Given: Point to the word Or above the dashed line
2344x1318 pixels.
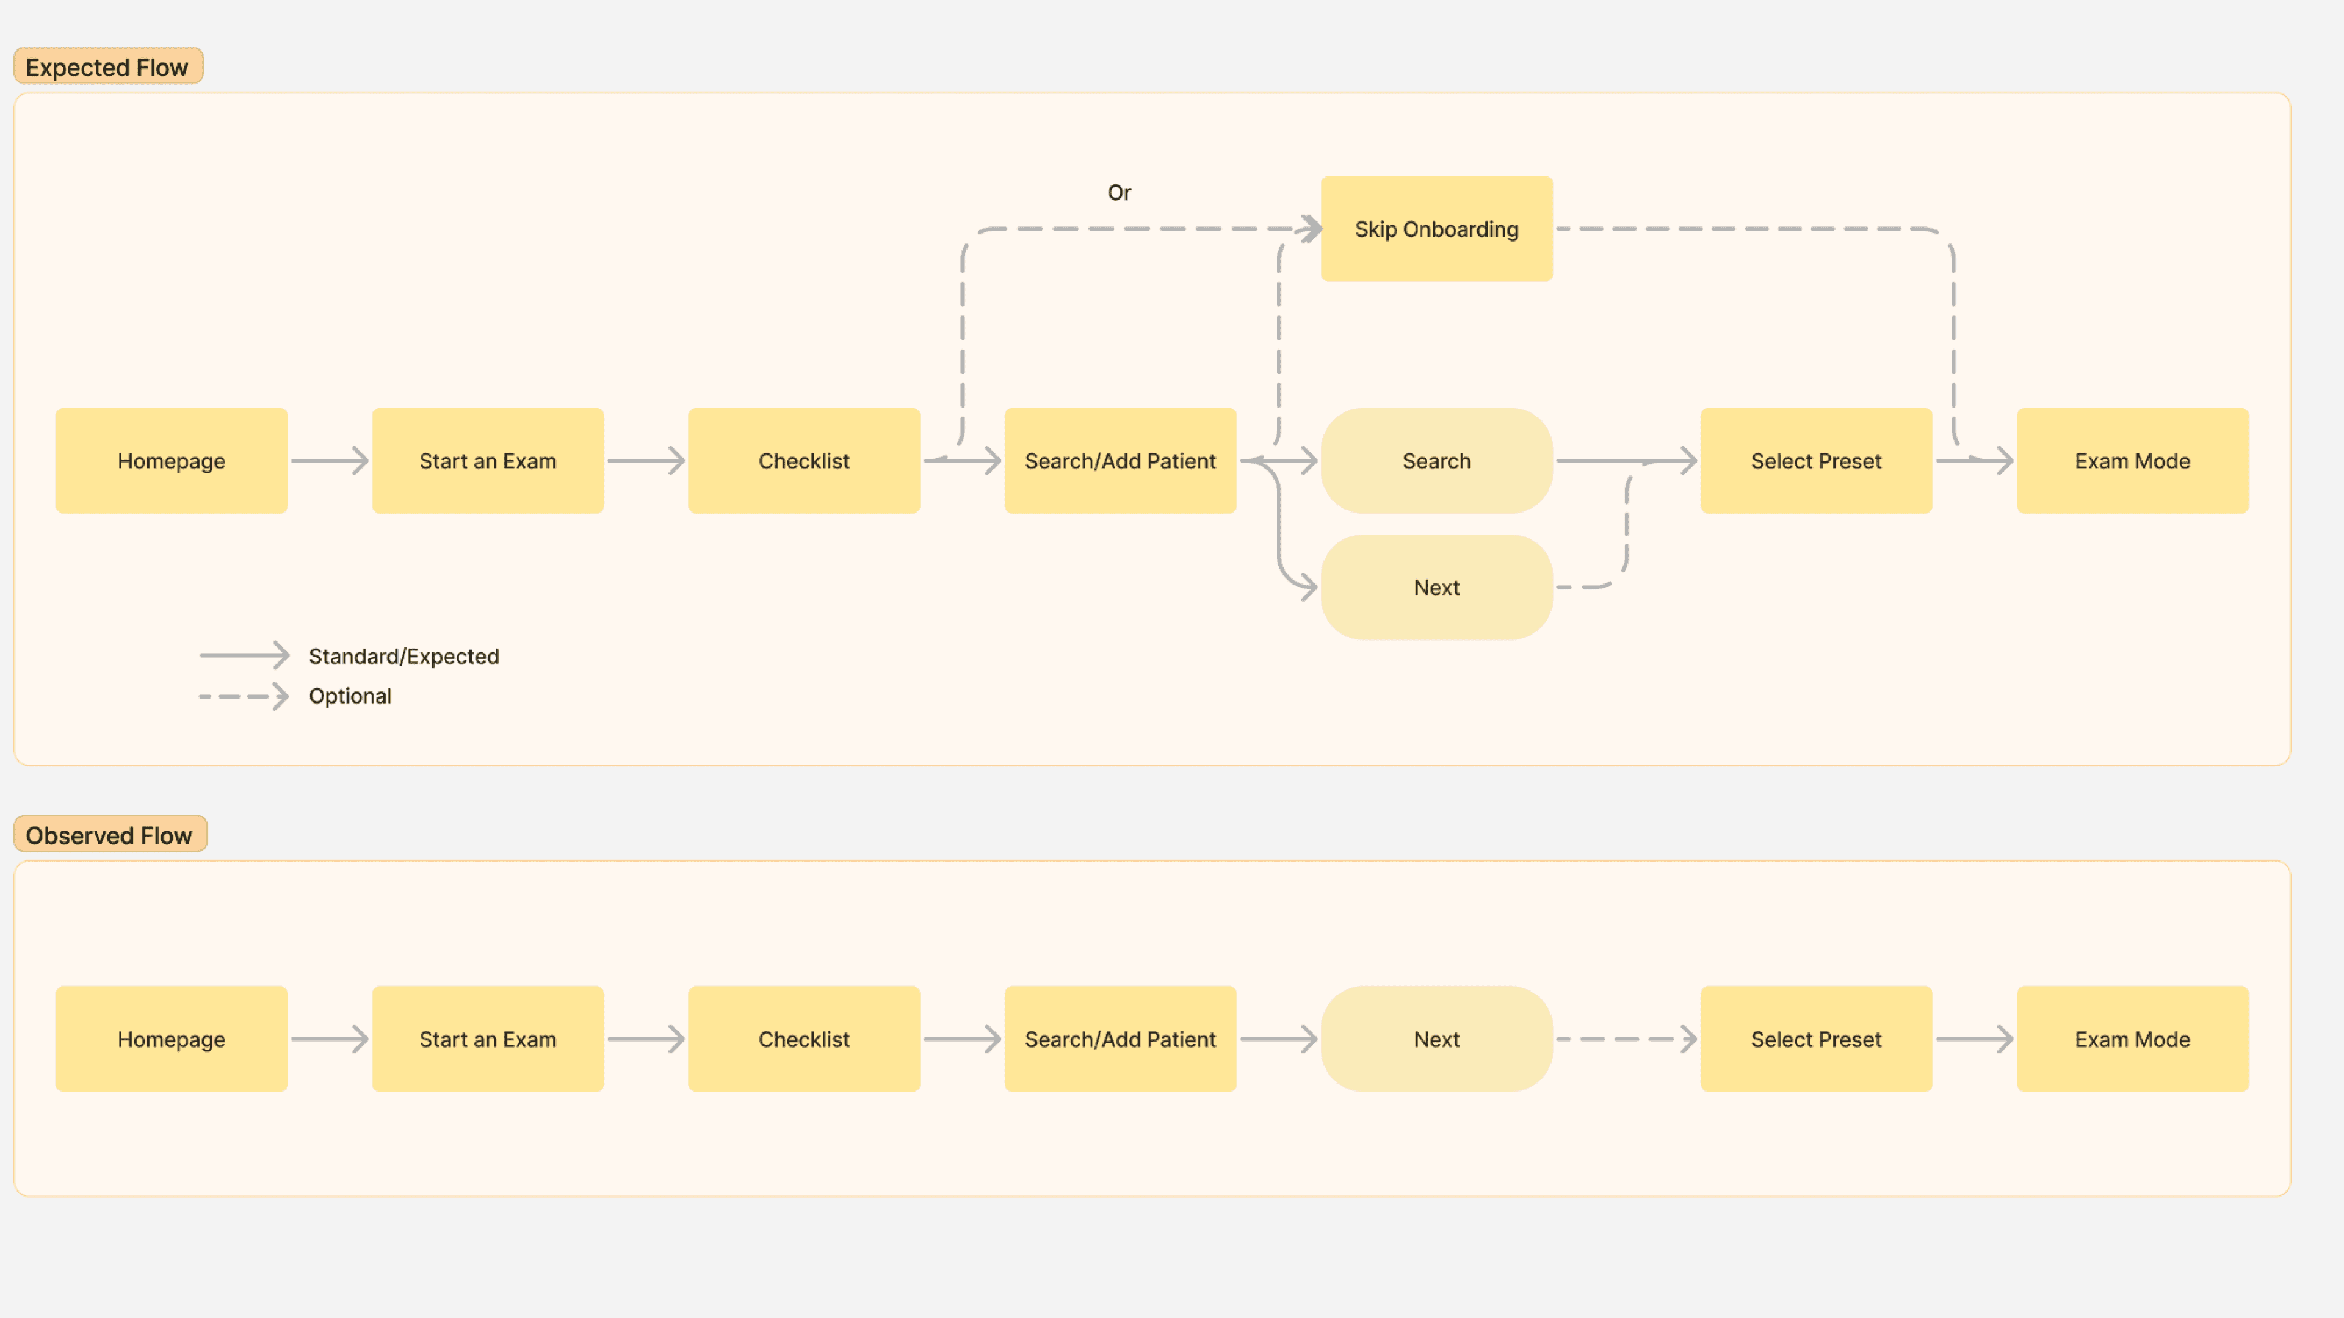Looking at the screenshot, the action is click(x=1120, y=192).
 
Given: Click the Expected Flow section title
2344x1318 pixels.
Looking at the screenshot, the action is click(x=108, y=67).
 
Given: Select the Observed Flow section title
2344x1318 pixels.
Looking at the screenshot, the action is click(x=110, y=834).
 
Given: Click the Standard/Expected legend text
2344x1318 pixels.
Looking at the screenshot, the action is click(x=404, y=656).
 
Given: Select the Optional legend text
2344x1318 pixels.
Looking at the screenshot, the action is click(x=350, y=696).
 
